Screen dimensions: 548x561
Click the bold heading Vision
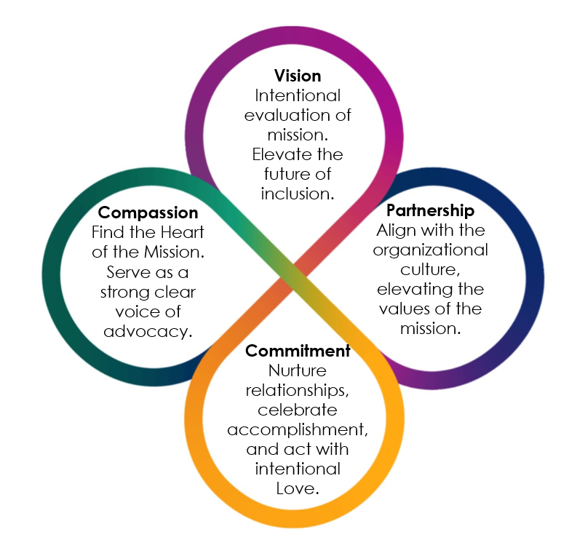298,76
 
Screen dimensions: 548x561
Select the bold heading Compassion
148,213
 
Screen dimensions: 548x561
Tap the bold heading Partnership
430,211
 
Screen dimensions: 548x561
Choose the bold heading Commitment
298,351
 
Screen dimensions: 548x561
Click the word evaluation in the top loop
298,115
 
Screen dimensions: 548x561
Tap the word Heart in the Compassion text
183,232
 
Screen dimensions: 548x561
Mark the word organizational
430,250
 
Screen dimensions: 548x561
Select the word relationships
298,390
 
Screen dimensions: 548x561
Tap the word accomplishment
298,430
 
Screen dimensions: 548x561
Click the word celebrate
298,410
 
